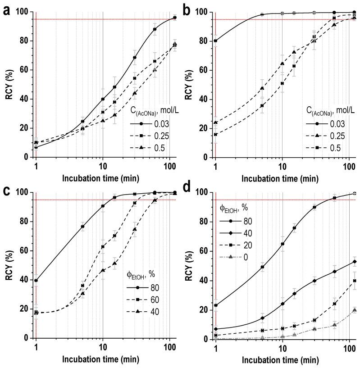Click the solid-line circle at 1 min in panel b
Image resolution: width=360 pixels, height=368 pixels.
(x=216, y=41)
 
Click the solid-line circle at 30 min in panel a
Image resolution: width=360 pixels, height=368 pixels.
(x=135, y=58)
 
